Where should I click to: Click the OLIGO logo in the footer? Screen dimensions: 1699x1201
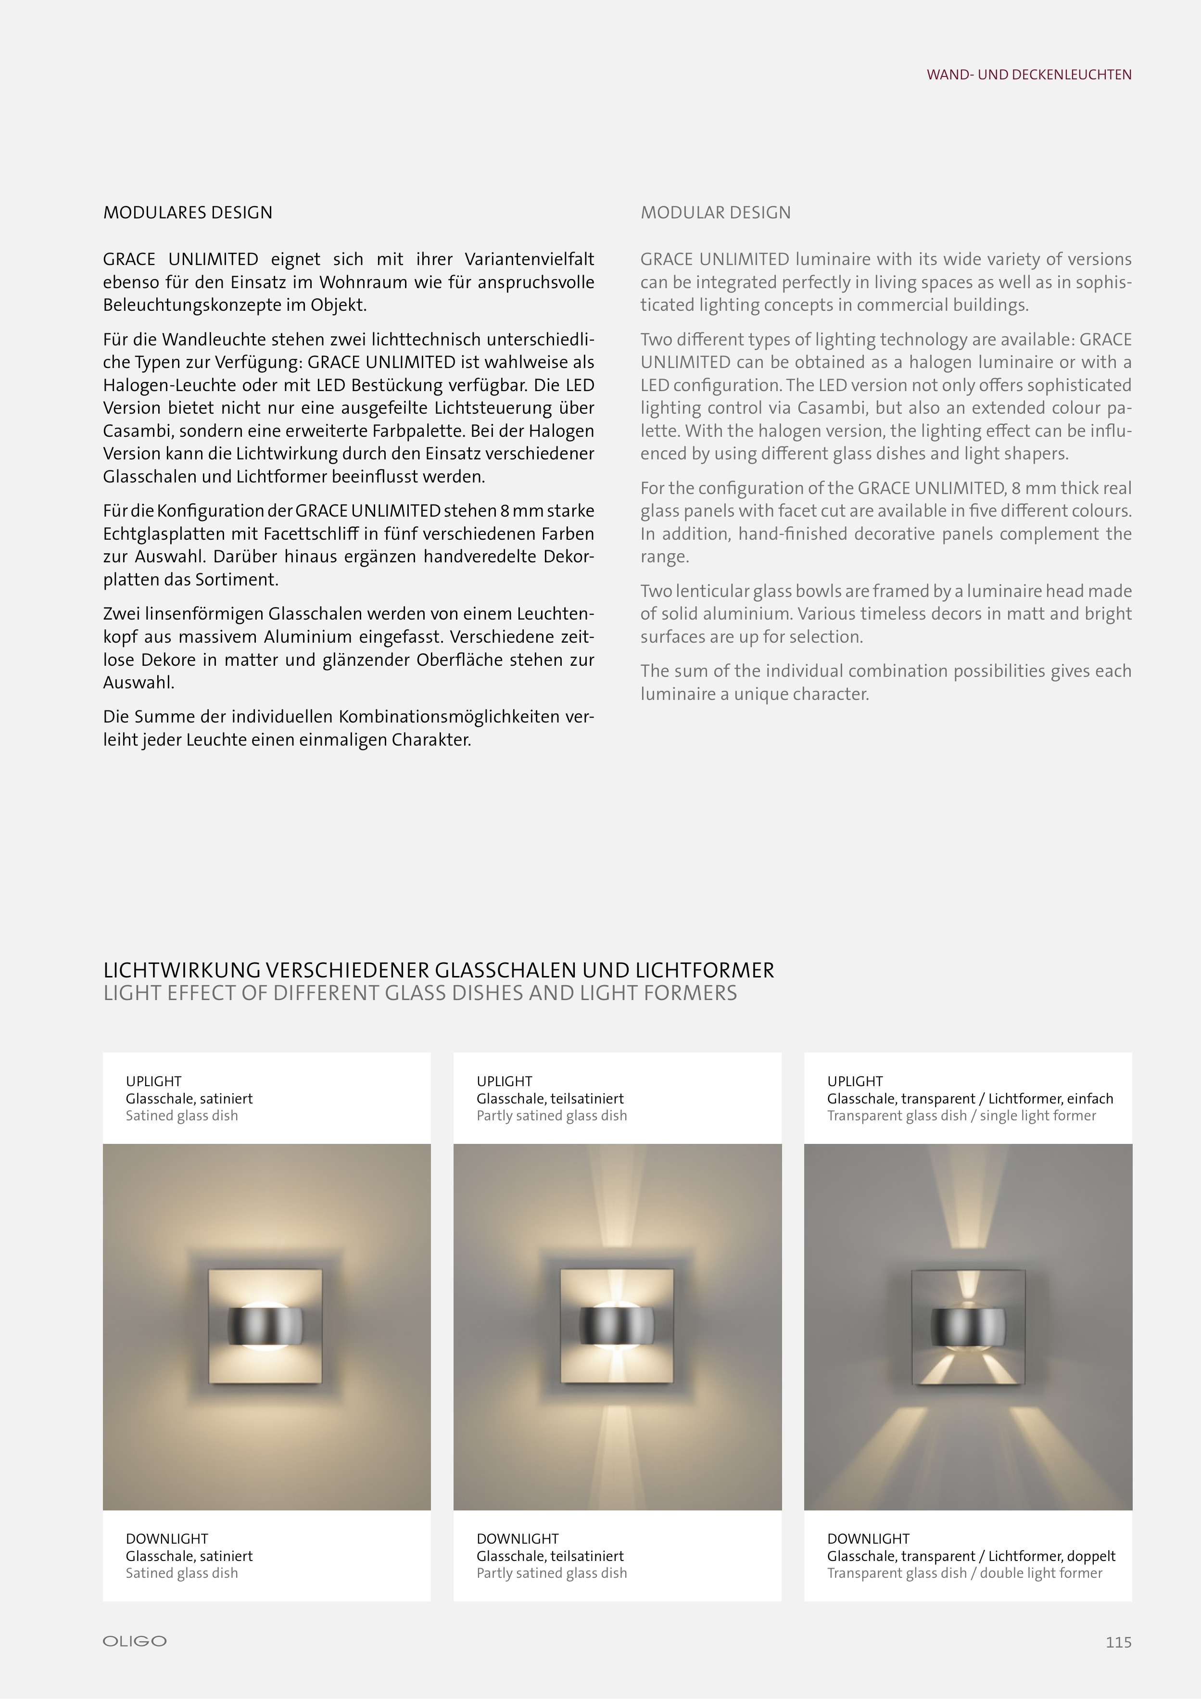click(x=135, y=1641)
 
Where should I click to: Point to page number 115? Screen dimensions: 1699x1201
click(x=1118, y=1642)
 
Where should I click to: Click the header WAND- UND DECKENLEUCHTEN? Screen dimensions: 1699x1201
click(x=1029, y=75)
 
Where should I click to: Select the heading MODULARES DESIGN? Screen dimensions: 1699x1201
click(x=188, y=213)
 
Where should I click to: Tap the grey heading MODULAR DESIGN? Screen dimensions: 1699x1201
click(x=716, y=213)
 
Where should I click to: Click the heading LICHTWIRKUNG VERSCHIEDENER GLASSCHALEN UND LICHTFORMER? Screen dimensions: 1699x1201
click(x=439, y=970)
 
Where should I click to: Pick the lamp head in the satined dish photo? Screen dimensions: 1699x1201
click(x=265, y=1326)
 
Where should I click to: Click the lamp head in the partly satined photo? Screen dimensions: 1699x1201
click(x=617, y=1326)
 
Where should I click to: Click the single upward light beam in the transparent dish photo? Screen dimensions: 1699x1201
click(x=967, y=1199)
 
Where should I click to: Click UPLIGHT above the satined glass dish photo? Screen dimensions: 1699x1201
click(x=153, y=1081)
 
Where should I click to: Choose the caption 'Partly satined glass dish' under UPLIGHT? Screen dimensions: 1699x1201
click(x=551, y=1116)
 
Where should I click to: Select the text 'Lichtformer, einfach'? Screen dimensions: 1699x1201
click(x=1051, y=1099)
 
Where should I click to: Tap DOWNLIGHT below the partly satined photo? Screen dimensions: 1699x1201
click(x=517, y=1538)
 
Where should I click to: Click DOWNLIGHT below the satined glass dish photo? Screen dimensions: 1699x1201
click(x=166, y=1538)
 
